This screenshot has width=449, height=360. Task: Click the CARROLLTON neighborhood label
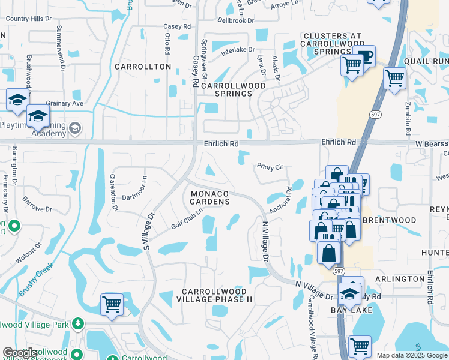click(143, 67)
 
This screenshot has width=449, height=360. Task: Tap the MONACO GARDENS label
click(210, 197)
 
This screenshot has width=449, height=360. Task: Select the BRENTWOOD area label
click(390, 220)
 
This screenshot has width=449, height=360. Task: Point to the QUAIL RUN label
click(427, 61)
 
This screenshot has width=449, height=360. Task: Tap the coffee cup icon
click(365, 56)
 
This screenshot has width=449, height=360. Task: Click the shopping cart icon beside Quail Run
click(394, 77)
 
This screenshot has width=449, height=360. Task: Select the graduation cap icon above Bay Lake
click(349, 294)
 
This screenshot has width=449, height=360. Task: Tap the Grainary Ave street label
click(65, 103)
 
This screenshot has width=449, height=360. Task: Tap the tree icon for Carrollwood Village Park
click(77, 324)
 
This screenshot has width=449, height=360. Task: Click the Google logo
click(20, 353)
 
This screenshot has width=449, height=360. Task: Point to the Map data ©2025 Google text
click(412, 355)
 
